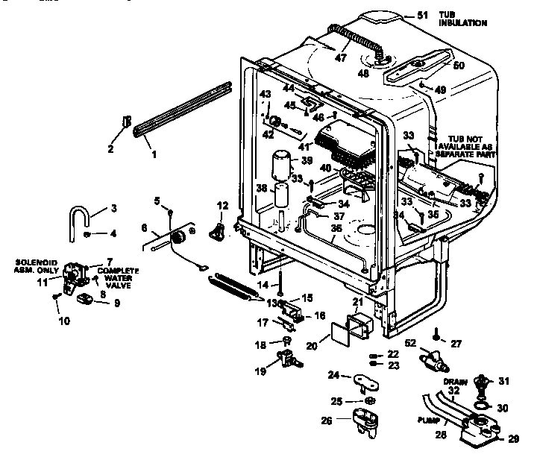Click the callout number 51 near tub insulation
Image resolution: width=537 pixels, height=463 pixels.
423,14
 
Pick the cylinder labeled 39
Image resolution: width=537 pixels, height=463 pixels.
281,163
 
